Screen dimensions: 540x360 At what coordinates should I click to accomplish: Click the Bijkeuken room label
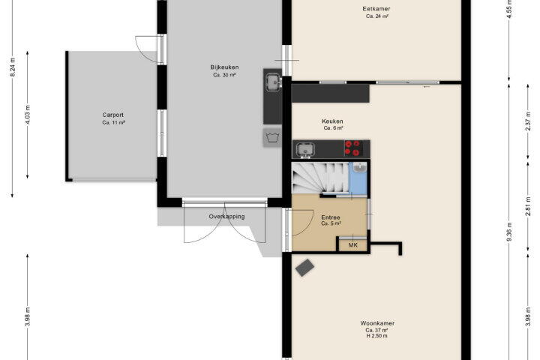coord(224,67)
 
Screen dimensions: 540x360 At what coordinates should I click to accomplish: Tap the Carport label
coord(113,115)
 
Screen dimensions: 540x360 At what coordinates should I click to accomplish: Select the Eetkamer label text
coord(376,9)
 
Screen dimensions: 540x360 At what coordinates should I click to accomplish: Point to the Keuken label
coord(332,121)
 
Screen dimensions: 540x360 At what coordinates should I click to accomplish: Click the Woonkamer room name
coord(377,323)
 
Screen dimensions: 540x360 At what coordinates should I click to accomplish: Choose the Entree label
coord(331,217)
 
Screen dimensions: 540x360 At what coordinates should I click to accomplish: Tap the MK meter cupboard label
coord(353,245)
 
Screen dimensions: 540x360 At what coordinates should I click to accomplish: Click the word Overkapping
coord(226,217)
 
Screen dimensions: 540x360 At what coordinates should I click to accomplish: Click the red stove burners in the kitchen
coord(353,148)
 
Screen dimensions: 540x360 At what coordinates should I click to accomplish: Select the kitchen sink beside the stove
coord(305,150)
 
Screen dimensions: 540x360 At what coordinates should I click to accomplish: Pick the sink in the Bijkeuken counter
coord(274,82)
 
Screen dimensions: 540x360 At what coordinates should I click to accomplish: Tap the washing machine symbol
coord(272,138)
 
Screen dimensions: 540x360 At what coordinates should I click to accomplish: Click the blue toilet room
coord(358,178)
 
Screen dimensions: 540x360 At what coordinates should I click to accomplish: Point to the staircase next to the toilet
coord(320,178)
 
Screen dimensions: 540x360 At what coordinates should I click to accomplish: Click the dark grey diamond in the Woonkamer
coord(304,268)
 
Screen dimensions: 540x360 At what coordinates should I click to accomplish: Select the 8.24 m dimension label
coord(13,67)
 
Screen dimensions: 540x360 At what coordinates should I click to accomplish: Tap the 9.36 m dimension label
coord(509,234)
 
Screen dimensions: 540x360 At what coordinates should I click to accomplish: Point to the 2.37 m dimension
coord(528,121)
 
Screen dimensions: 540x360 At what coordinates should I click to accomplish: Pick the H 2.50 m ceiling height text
coord(376,336)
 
